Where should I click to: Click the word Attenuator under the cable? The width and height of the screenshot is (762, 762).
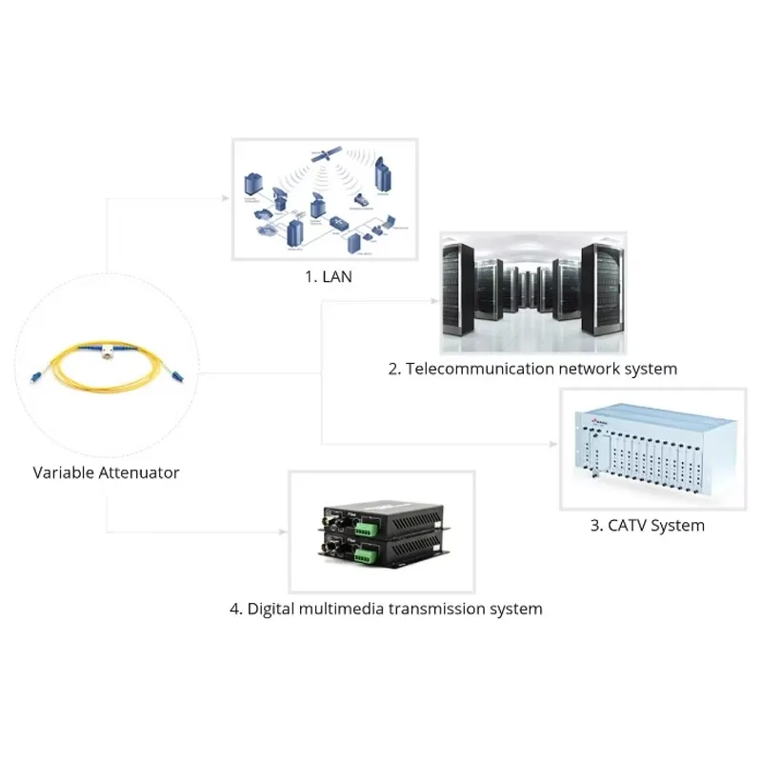pos(139,472)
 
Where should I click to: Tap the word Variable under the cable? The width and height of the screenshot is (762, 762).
pos(64,472)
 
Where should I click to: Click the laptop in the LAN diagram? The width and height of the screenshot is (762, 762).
pos(358,203)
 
